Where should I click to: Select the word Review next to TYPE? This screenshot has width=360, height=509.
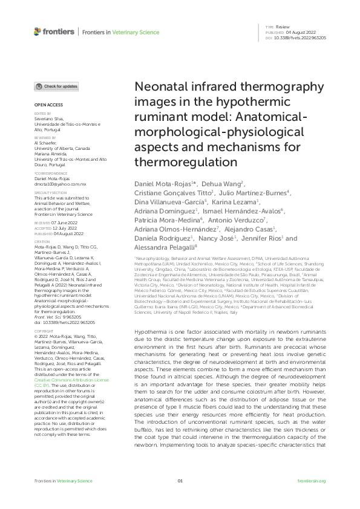[282, 27]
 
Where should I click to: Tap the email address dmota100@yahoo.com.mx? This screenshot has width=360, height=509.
[60, 183]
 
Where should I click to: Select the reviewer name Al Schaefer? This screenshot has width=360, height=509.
[45, 143]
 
